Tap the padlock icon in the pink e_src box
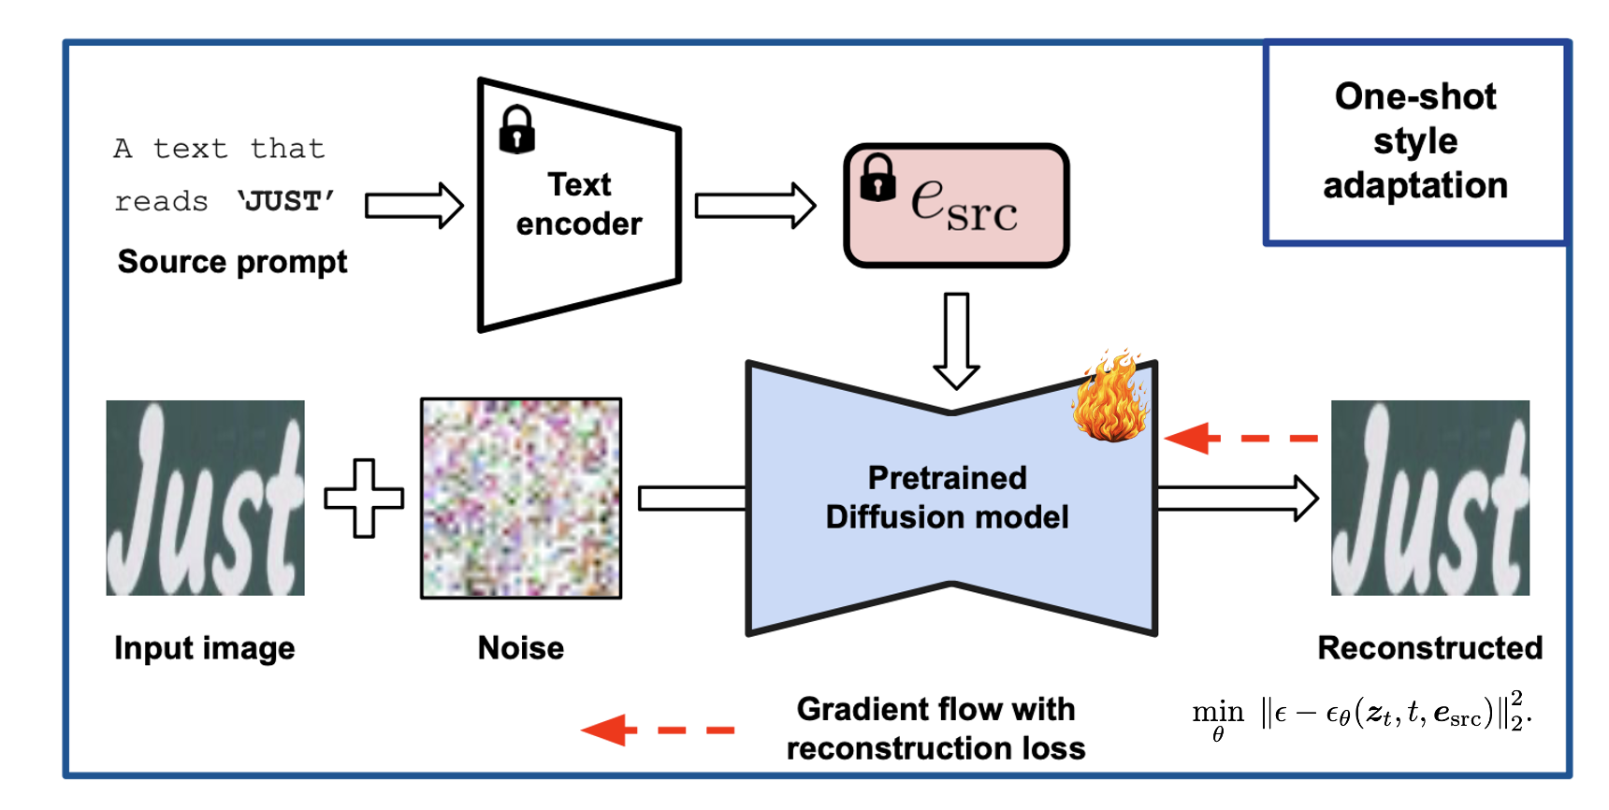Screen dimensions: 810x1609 pyautogui.click(x=877, y=178)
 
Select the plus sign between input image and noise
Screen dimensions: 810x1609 pyautogui.click(x=364, y=498)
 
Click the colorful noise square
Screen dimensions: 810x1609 pyautogui.click(x=521, y=498)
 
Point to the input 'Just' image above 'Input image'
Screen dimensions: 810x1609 pyautogui.click(x=205, y=498)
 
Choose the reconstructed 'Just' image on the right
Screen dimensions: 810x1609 pyautogui.click(x=1429, y=498)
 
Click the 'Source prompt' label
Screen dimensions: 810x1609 pyautogui.click(x=232, y=262)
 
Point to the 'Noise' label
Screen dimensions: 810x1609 pyautogui.click(x=521, y=648)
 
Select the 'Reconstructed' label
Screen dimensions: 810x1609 pyautogui.click(x=1429, y=648)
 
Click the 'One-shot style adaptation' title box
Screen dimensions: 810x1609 pyautogui.click(x=1415, y=142)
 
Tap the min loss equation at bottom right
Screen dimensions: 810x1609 pyautogui.click(x=1361, y=716)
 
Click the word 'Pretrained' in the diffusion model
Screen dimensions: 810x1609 pyautogui.click(x=947, y=478)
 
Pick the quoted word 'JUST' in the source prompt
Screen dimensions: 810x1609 pyautogui.click(x=286, y=201)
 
